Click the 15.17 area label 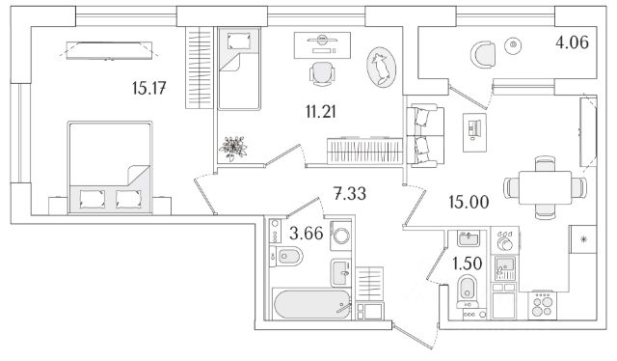click(148, 88)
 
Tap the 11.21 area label click(321, 112)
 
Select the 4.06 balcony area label click(572, 42)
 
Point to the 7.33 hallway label click(349, 193)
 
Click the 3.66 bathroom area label click(307, 233)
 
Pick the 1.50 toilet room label click(468, 264)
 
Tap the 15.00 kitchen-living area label click(469, 202)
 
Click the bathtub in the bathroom click(311, 304)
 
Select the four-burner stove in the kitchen click(542, 305)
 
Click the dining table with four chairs click(545, 187)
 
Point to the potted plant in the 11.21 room click(233, 149)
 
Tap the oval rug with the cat click(381, 67)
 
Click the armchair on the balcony click(484, 56)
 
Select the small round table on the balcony click(513, 45)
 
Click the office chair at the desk click(322, 73)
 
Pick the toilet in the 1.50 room click(468, 292)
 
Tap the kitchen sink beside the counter click(504, 267)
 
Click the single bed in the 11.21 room click(239, 69)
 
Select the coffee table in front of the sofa click(474, 132)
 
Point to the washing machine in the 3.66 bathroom click(340, 236)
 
